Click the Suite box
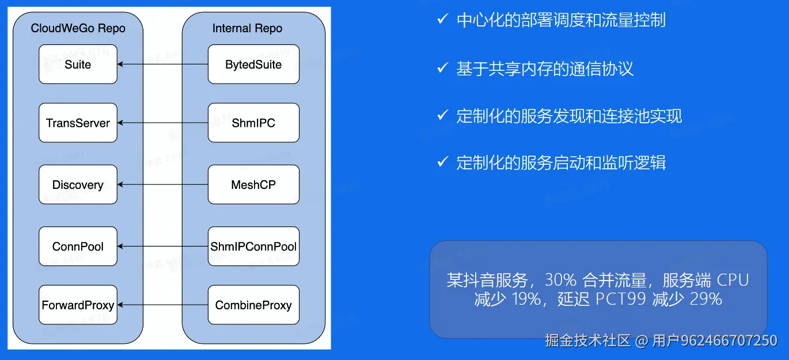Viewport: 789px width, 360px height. click(78, 64)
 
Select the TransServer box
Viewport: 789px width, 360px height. click(78, 123)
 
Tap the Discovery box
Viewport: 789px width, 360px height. click(78, 184)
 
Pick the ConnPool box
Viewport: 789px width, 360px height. click(78, 247)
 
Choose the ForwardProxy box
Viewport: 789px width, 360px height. click(78, 305)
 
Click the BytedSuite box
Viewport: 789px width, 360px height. click(253, 64)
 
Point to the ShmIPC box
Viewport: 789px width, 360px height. click(253, 123)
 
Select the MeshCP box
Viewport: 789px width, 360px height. click(253, 184)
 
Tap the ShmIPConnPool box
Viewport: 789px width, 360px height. click(253, 247)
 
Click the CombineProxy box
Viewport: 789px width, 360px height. click(253, 305)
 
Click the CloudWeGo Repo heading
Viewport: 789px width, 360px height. click(78, 28)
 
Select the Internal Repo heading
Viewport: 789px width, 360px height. click(248, 28)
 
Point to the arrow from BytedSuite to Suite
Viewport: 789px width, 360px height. click(162, 64)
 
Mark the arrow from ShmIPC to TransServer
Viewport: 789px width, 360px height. click(162, 123)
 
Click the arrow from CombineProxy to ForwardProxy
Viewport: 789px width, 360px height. click(162, 305)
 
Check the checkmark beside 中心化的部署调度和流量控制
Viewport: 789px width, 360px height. click(442, 20)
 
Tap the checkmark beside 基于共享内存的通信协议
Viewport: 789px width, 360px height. click(442, 68)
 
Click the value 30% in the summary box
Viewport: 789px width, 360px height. click(560, 281)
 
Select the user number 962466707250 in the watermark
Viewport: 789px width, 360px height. click(729, 340)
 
